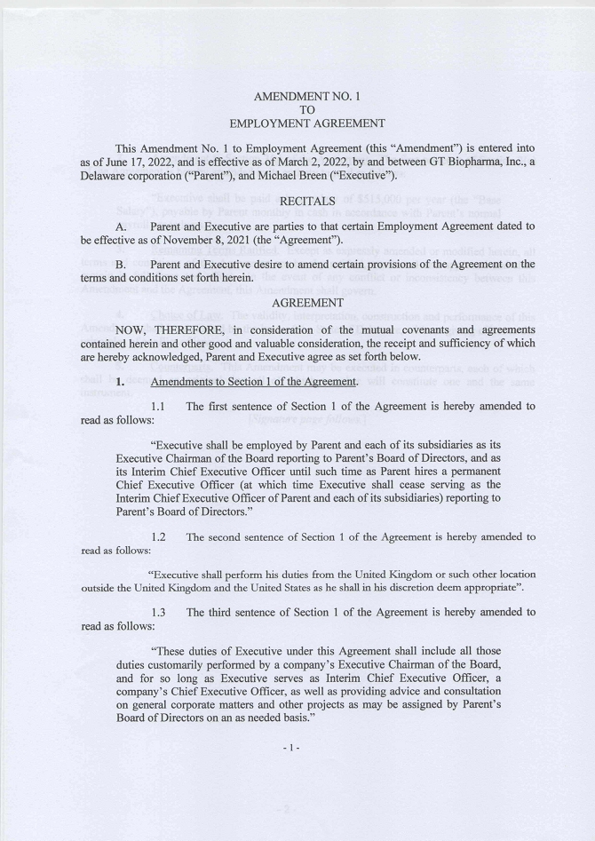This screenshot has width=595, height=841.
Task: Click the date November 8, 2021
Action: tap(197, 240)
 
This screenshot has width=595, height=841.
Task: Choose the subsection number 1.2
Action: tap(160, 536)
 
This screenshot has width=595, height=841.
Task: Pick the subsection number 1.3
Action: tap(160, 612)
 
